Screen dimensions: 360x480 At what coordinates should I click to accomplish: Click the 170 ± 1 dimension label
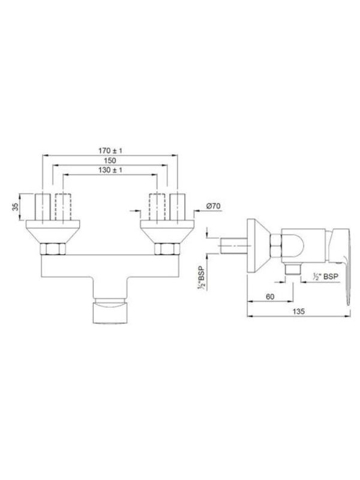(110, 151)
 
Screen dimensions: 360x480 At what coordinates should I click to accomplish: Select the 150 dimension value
(110, 160)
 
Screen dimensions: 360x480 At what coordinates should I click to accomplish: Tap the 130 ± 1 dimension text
(110, 170)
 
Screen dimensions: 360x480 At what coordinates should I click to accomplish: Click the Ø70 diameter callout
(213, 206)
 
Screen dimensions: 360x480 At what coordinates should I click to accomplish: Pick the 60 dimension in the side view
(270, 296)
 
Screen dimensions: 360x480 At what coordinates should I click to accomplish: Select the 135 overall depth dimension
(298, 311)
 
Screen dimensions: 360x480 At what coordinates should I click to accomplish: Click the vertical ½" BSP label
(202, 276)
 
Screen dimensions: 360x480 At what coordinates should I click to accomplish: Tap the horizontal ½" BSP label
(326, 277)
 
